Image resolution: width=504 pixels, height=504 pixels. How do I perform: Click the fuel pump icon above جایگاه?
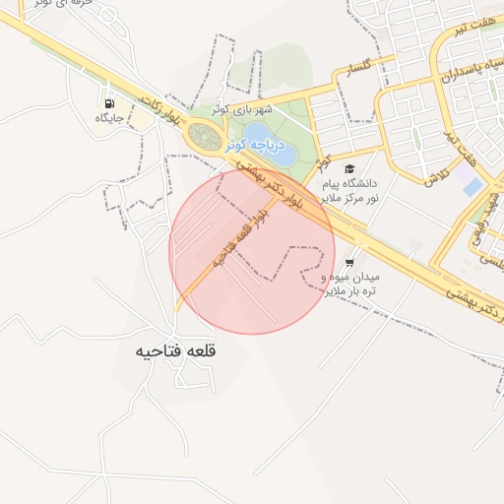(x=107, y=101)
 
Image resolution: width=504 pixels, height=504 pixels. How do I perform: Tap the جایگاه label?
(x=107, y=118)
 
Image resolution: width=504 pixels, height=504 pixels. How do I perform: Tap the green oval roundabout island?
(x=205, y=136)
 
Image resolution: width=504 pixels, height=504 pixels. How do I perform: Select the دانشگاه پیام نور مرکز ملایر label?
(x=348, y=192)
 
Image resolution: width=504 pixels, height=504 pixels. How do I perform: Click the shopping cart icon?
(x=349, y=261)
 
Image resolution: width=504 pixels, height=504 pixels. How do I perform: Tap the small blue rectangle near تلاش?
(x=473, y=186)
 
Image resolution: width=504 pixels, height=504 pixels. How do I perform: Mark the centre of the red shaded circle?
(x=252, y=252)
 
